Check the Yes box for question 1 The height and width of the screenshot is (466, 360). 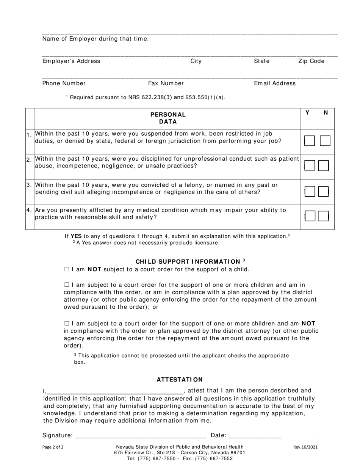click(x=310, y=141)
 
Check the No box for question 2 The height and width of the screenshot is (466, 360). click(x=323, y=166)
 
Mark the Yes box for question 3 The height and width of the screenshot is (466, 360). click(x=310, y=192)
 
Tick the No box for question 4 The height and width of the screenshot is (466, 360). click(x=323, y=216)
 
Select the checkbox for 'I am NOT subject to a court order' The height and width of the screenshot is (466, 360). click(x=67, y=269)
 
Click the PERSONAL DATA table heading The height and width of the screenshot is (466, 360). click(x=168, y=118)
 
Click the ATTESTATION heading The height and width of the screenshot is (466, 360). click(x=180, y=379)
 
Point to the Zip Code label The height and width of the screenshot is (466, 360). click(x=311, y=61)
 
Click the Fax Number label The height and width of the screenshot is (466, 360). click(x=166, y=83)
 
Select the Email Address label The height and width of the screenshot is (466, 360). click(x=275, y=83)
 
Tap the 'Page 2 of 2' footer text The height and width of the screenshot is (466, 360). click(x=53, y=447)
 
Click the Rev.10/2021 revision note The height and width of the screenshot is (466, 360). click(x=305, y=447)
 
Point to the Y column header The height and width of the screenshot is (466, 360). click(x=308, y=113)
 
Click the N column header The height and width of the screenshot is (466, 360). click(x=326, y=113)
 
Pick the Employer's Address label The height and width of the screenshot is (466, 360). click(x=71, y=61)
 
